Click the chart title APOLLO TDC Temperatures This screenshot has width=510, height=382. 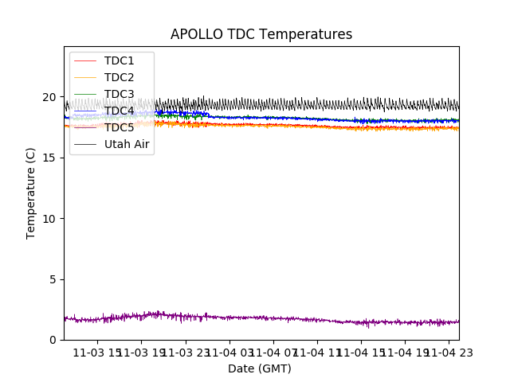click(x=261, y=34)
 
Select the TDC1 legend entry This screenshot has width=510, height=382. click(x=119, y=60)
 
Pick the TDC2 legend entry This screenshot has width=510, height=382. click(x=119, y=77)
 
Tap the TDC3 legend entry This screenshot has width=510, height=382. click(x=119, y=94)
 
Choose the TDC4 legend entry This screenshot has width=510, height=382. click(x=119, y=111)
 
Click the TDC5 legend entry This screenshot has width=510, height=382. click(x=119, y=127)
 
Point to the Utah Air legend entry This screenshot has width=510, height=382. click(x=127, y=144)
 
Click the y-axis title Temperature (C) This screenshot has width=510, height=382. click(x=31, y=193)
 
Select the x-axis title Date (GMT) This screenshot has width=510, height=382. click(x=260, y=368)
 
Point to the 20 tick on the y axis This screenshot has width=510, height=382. click(x=49, y=97)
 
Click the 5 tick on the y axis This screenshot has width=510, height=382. click(x=53, y=279)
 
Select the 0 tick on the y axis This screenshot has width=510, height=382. click(x=53, y=340)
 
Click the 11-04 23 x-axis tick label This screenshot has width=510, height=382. click(x=448, y=353)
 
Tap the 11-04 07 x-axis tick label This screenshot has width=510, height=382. click(x=273, y=353)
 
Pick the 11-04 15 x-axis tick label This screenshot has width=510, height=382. click(x=361, y=353)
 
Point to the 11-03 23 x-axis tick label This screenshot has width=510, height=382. click(x=186, y=353)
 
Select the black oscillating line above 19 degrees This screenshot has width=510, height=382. click(x=319, y=104)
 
